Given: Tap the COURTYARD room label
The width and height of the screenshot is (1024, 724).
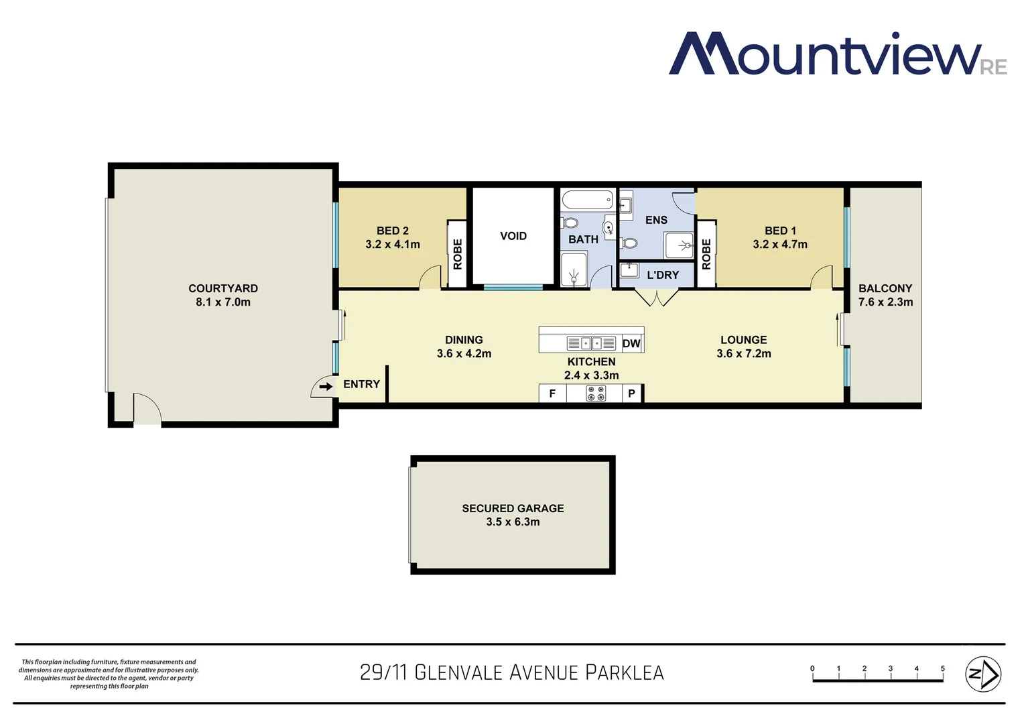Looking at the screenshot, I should pos(223,288).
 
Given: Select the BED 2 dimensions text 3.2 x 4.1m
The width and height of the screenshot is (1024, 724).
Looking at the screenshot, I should pos(393,245).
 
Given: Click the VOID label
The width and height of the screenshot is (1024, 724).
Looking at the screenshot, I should pos(513,236).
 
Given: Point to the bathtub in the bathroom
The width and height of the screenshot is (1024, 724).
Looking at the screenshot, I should pos(588,199).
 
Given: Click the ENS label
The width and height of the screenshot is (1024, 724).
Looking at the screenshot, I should pos(656,220).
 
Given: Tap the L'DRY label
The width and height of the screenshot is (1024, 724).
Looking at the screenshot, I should pos(663,275).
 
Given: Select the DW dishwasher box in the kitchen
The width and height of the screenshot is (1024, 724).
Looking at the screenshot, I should pos(631,344).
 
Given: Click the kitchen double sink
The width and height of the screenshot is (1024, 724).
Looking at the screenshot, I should pos(591,343).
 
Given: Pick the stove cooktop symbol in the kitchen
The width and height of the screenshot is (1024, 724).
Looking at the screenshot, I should pos(596,394).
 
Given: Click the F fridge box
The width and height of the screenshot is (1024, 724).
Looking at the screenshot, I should pos(552,394).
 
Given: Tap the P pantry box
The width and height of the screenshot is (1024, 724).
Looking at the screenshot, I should pos(631,394).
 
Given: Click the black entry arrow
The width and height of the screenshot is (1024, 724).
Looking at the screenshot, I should pos(326,386).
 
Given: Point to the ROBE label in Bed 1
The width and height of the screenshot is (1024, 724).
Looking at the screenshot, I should pos(706,254).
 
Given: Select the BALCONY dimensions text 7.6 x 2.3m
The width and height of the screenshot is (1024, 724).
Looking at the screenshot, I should pos(885,302).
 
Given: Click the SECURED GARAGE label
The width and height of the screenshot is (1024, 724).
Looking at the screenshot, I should pos(513,508).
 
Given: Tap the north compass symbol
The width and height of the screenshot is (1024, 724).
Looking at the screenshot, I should pos(982,674).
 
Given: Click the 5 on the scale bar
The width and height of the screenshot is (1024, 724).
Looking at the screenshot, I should pos(942,668).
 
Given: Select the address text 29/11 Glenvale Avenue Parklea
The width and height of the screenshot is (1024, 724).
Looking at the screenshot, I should pos(512,672).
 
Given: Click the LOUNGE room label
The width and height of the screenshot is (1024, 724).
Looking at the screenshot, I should pos(743,340).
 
